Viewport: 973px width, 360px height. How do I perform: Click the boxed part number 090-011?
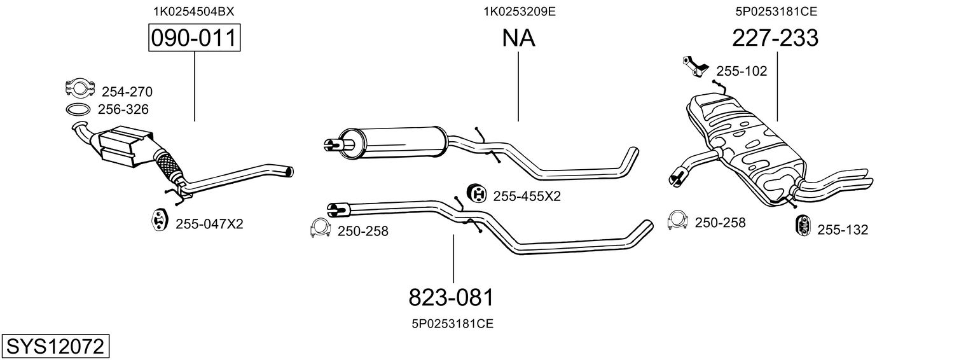195,39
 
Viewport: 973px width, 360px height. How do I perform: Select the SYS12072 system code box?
54,347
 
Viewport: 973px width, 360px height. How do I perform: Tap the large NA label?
518,39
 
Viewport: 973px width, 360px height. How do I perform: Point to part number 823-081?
451,297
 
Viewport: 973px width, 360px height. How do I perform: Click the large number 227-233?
775,39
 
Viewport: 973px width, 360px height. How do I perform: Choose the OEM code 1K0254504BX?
190,11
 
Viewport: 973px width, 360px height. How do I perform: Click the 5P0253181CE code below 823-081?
452,324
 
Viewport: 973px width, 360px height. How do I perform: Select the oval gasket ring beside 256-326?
78,109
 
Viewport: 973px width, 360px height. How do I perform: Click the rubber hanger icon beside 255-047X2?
158,220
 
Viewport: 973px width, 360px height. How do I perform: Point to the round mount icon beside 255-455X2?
476,193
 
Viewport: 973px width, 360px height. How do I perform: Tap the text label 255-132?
842,230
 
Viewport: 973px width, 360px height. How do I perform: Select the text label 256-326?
123,109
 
